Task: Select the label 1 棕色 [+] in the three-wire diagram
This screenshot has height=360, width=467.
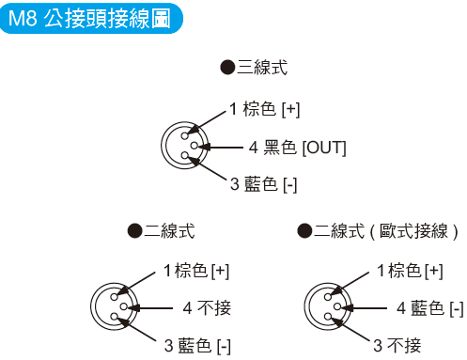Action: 264,110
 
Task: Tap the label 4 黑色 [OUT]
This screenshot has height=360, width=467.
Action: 297,148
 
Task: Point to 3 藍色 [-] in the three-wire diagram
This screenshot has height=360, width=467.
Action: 264,184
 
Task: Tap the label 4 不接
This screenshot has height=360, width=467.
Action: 207,307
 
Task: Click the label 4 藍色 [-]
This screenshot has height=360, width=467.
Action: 429,307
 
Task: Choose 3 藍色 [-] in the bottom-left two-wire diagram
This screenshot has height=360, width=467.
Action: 197,344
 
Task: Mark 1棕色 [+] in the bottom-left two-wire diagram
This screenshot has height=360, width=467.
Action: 196,271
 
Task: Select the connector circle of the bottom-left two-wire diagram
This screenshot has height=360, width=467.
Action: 113,306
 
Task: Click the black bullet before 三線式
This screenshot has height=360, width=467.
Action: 226,67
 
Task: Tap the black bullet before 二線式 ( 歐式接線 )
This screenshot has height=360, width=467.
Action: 304,229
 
